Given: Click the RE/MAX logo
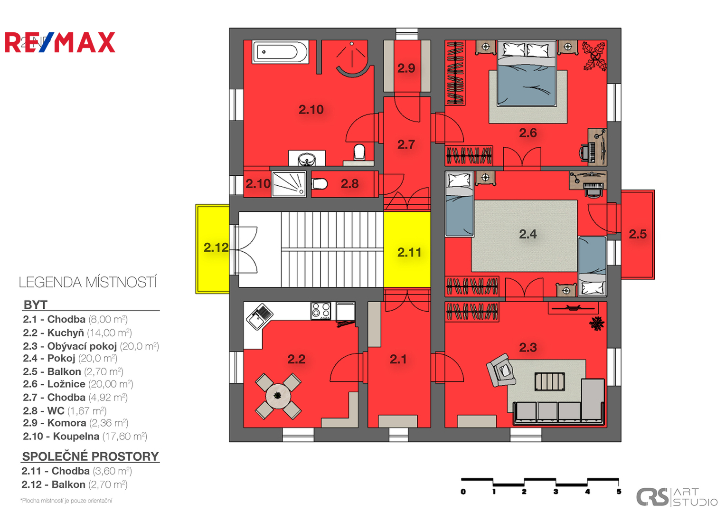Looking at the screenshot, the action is pos(60,42).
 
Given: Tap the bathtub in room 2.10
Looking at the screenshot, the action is pos(280,51).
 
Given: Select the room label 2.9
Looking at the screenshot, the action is pos(406,68).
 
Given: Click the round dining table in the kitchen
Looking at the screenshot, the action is pos(278,396).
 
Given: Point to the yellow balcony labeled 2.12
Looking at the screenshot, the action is pos(213,249).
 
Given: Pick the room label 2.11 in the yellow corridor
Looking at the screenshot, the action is pos(409,252).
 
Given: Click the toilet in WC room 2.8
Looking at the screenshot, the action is pos(320,184).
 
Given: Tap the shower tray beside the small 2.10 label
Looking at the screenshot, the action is pos(289,184).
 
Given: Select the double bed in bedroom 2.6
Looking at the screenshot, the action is pos(527,74).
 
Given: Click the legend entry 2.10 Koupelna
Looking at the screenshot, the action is pos(85,437).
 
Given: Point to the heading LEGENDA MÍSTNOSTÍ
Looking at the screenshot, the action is pos(88,283).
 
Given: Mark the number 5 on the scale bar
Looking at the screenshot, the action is pos(619,492).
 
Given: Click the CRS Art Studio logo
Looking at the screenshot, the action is pos(677,497).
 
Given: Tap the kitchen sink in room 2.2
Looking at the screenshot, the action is pos(260,316).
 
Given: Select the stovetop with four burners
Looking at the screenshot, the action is pos(321,311).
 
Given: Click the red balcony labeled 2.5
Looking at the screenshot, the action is pos(638,235).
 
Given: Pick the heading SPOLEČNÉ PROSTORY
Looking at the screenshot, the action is pos(91,456).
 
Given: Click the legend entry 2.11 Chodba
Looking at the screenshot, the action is pos(77,471).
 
